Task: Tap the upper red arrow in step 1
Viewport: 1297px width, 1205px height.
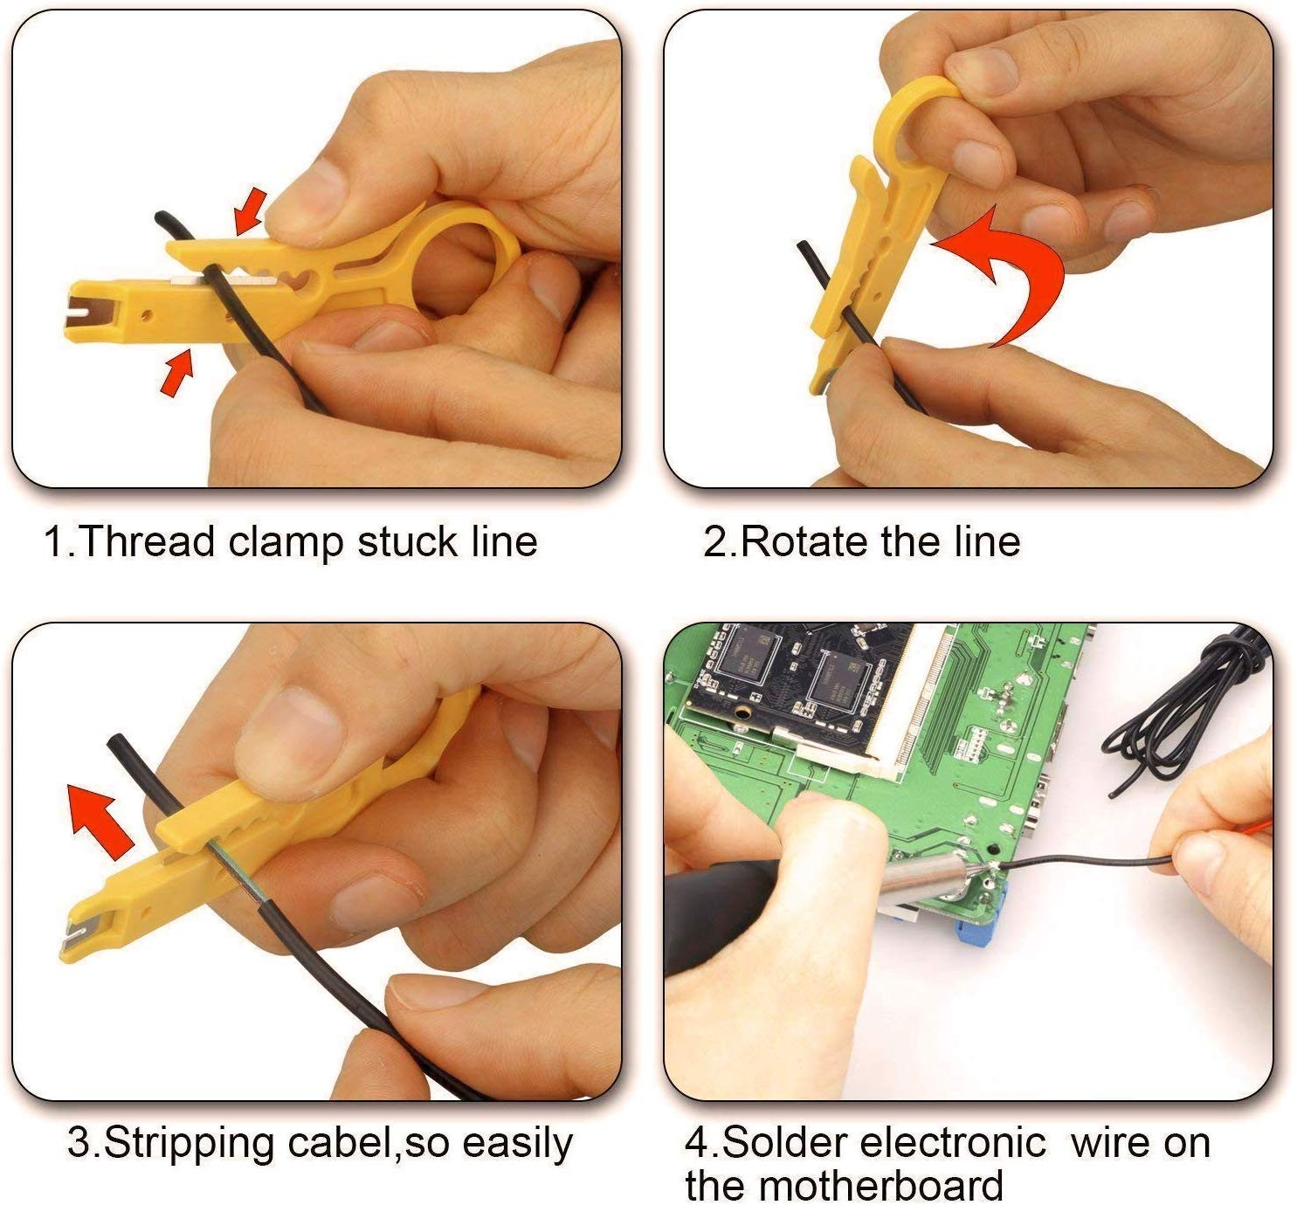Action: click(x=251, y=212)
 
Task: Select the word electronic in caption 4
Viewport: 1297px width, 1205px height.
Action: click(x=951, y=1142)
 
